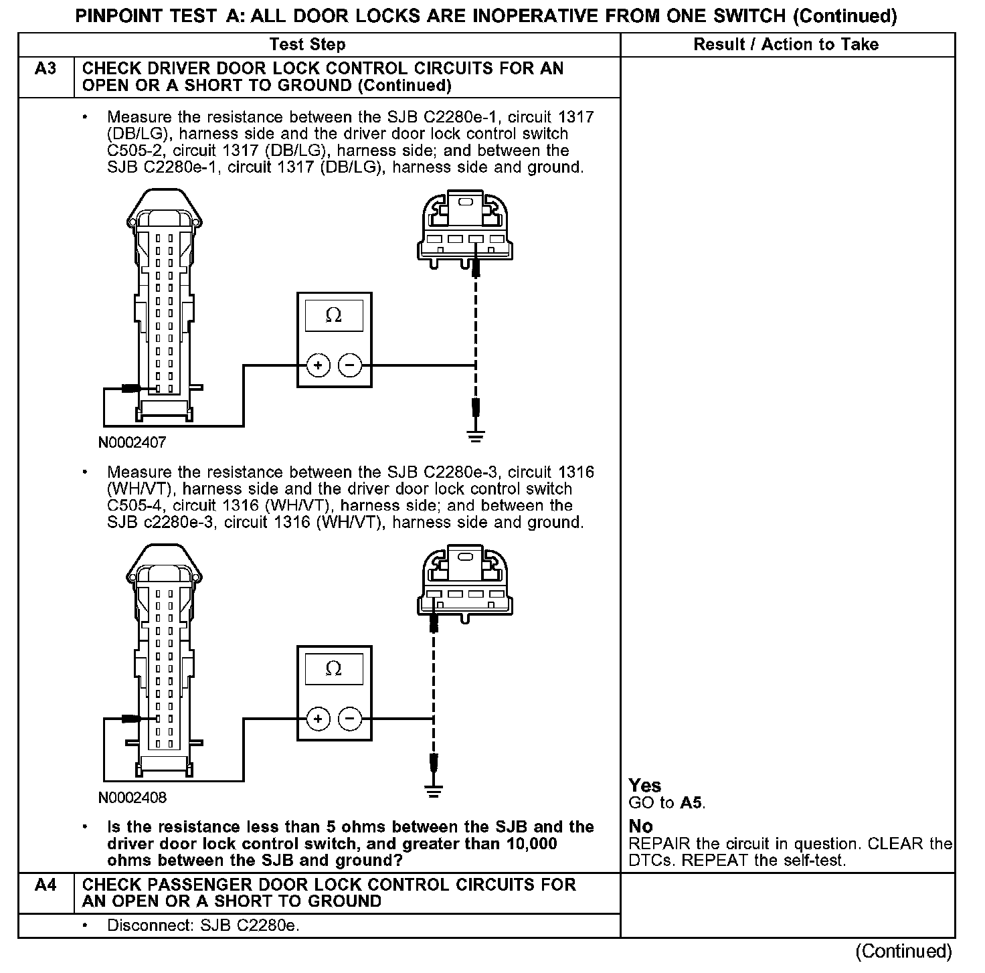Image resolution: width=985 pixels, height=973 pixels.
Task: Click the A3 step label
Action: [x=46, y=69]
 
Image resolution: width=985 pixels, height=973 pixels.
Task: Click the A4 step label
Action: [x=46, y=885]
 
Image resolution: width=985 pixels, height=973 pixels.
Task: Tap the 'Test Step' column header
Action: [x=307, y=45]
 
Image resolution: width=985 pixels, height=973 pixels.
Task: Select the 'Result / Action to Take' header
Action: [x=786, y=45]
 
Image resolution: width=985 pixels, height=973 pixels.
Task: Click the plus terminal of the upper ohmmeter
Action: [x=319, y=365]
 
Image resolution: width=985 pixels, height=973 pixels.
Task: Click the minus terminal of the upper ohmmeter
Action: [x=350, y=365]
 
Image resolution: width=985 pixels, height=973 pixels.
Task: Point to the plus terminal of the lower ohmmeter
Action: [x=319, y=719]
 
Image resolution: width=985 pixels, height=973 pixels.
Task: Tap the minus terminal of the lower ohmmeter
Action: [x=350, y=719]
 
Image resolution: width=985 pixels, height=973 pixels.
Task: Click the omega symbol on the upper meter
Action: [x=333, y=315]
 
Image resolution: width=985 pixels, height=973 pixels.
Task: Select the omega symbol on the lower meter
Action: [x=333, y=669]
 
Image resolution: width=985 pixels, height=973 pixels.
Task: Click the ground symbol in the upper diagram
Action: [x=476, y=438]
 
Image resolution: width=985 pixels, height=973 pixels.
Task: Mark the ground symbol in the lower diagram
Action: [x=434, y=792]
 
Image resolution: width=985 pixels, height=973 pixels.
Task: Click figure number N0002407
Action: [x=132, y=442]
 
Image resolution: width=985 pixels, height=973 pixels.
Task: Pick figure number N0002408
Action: [x=132, y=797]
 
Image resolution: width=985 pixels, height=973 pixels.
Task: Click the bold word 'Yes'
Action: [x=645, y=786]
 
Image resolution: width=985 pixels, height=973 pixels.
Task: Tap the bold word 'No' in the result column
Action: [x=641, y=826]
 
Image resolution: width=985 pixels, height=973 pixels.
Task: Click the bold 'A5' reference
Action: [x=692, y=803]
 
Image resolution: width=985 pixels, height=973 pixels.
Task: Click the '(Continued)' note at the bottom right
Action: [x=903, y=951]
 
